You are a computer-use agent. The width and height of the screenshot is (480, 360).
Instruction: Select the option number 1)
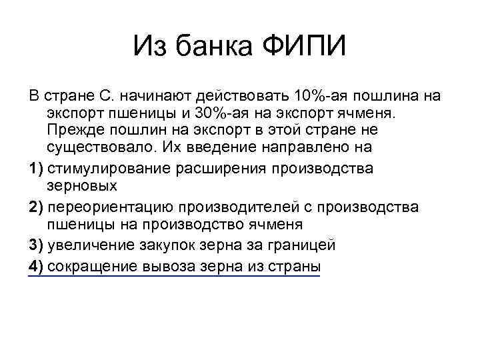37,168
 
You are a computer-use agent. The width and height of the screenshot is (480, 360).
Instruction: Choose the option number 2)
37,207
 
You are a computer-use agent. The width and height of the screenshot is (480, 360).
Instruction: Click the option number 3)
37,245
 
